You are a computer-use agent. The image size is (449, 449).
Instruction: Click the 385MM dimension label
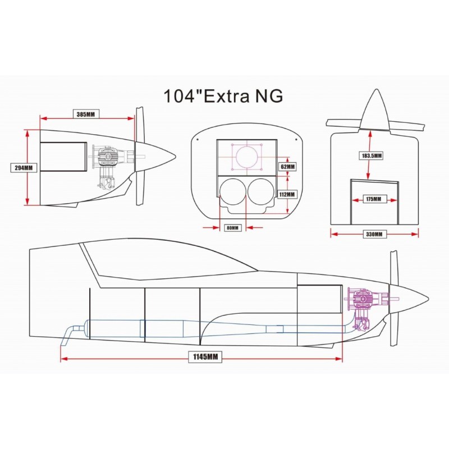coord(86,114)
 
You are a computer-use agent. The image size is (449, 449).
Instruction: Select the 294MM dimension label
coord(24,168)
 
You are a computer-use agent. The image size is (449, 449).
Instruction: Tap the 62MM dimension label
coord(287,166)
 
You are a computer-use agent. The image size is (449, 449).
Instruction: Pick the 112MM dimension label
coord(287,194)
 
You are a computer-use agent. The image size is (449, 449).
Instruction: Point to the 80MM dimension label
coord(232,228)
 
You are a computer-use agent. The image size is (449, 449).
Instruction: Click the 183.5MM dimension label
coord(371,156)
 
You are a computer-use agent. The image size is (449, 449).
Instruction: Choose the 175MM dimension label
coord(374,199)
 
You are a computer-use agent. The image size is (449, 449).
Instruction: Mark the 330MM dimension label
coord(374,234)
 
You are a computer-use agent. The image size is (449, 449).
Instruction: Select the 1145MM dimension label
coord(205,357)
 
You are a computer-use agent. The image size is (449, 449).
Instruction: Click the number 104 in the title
coord(179,96)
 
